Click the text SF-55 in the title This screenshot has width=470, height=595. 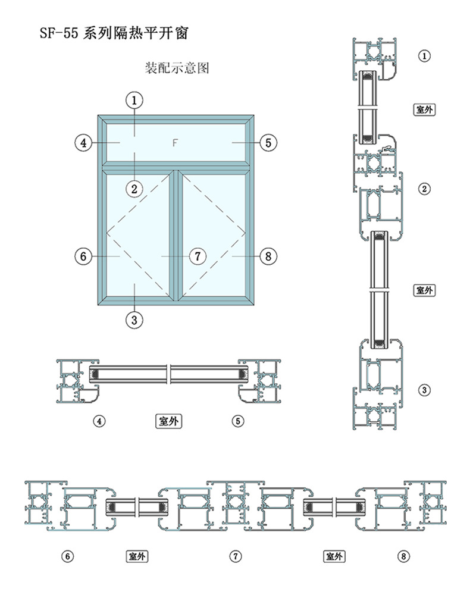[x=59, y=33]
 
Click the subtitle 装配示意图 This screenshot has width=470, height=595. [x=177, y=68]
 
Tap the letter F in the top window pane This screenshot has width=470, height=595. [x=175, y=143]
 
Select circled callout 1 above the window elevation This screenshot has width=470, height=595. [x=134, y=101]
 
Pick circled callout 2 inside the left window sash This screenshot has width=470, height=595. [x=134, y=189]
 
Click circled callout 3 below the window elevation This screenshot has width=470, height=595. [x=134, y=320]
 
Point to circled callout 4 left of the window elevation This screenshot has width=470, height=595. [x=83, y=143]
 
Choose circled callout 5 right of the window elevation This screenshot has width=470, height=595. [x=268, y=143]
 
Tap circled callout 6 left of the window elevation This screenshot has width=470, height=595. [x=83, y=256]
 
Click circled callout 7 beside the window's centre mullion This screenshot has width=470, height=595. [x=198, y=256]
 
